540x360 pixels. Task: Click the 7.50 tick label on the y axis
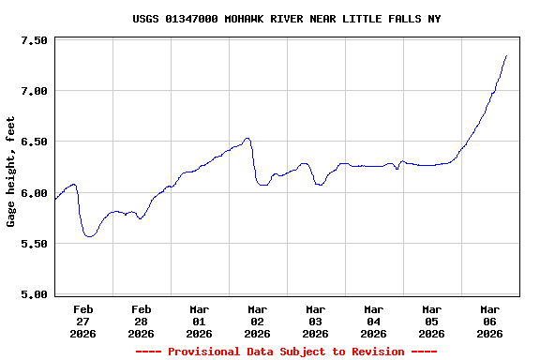[x=34, y=40]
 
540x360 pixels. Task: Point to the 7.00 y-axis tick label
[x=34, y=91]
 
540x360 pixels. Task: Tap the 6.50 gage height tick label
[x=34, y=142]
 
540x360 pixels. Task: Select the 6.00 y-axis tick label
[x=34, y=193]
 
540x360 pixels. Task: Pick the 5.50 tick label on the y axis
[x=34, y=244]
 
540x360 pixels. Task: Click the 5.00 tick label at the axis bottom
[x=34, y=294]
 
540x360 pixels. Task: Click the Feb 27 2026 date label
[x=83, y=321]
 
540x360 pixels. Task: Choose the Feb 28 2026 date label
[x=142, y=321]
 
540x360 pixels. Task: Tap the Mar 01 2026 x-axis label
[x=199, y=321]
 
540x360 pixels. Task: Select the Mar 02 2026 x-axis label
[x=257, y=321]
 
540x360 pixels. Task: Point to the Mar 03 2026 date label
[x=315, y=321]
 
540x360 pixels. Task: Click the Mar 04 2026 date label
[x=373, y=321]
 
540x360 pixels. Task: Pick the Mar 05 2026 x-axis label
[x=431, y=321]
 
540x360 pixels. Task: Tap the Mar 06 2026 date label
[x=489, y=321]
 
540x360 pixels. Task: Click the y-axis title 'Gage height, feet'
[x=11, y=172]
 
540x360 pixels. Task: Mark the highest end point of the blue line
[x=506, y=55]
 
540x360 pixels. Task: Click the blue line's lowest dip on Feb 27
[x=89, y=236]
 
